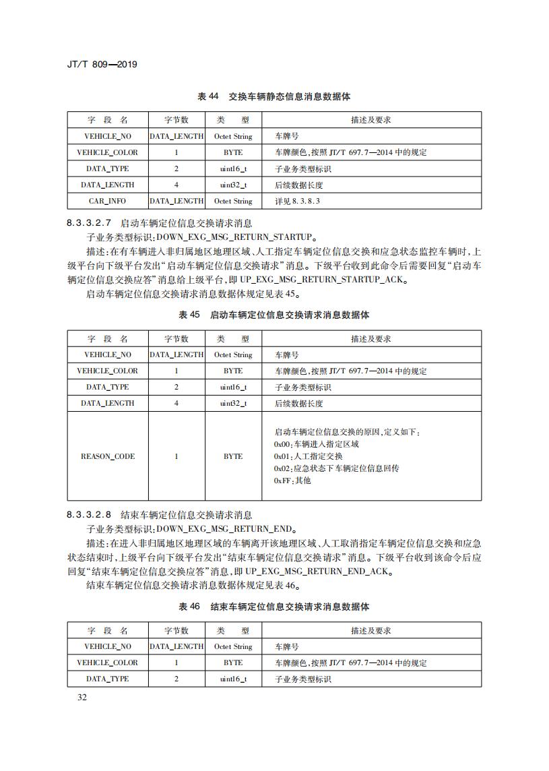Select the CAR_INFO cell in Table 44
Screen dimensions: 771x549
tap(107, 201)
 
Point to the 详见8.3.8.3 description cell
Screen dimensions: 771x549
tap(297, 201)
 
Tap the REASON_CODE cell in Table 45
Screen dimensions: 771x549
tap(107, 456)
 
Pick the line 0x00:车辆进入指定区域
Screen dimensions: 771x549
tap(317, 444)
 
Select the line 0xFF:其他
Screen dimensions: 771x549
tap(292, 481)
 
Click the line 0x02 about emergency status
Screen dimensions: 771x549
tap(336, 468)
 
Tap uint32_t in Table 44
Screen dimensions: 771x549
tap(233, 185)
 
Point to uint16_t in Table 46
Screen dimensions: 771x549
tap(233, 679)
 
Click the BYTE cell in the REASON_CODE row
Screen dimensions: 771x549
tap(233, 456)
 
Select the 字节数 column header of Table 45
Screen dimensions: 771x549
tap(176, 338)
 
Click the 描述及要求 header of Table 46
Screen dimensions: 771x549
tap(370, 631)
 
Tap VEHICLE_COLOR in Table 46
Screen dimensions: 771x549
tap(107, 662)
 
